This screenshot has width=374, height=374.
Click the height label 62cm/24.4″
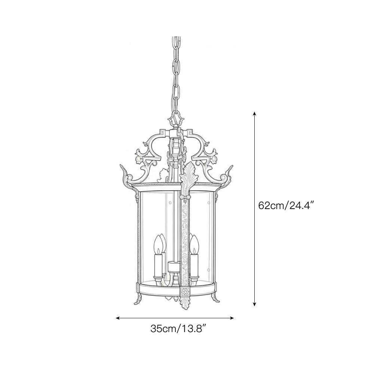point(286,205)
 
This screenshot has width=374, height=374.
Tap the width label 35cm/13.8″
point(178,329)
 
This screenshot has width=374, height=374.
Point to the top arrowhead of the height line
point(255,113)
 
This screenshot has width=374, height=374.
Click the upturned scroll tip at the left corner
point(122,169)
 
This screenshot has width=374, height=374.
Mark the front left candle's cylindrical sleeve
point(158,264)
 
